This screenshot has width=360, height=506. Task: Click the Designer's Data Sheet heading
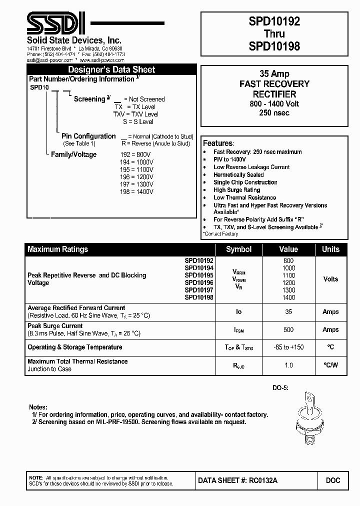(x=111, y=70)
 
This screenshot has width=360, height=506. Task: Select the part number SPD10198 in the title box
(x=274, y=46)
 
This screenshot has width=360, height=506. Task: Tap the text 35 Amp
(x=274, y=74)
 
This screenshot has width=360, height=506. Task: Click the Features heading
(x=218, y=142)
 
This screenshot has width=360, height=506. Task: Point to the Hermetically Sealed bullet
(x=238, y=175)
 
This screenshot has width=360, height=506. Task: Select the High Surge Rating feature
(x=236, y=190)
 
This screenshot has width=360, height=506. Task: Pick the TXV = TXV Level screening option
(x=134, y=114)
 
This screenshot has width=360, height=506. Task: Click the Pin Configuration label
(x=88, y=136)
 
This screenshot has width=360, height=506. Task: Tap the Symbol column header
(x=238, y=249)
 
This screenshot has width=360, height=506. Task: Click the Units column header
(x=330, y=249)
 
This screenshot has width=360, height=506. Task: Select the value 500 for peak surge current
(x=288, y=329)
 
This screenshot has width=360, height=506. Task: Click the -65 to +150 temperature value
(x=288, y=347)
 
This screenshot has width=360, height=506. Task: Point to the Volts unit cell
(x=330, y=279)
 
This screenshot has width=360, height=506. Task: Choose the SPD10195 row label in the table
(x=199, y=275)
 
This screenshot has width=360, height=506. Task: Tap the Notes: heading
(x=38, y=407)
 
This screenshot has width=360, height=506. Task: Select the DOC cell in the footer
(x=333, y=480)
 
